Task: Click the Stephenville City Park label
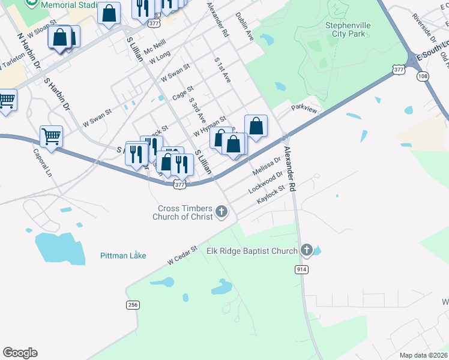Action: pos(348,29)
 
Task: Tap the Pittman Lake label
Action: pos(123,256)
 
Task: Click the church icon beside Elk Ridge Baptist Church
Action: pos(307,250)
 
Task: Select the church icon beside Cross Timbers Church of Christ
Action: pos(221,211)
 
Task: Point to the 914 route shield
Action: pos(301,270)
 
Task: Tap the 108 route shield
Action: pos(423,76)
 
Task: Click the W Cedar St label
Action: pos(182,255)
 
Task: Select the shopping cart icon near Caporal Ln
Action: pos(52,136)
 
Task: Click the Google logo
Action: pos(20,353)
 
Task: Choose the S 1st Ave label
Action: pos(223,70)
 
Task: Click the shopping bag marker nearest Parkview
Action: pos(256,126)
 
